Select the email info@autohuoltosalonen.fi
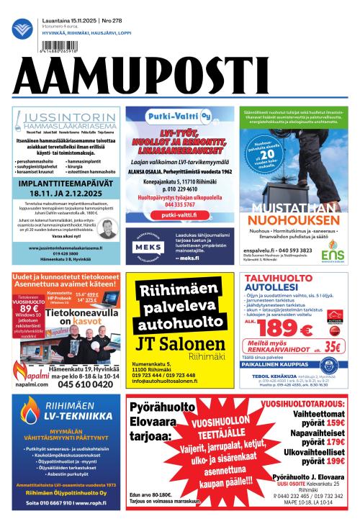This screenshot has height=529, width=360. (x=172, y=381)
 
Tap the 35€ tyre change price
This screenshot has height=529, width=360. (x=332, y=345)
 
